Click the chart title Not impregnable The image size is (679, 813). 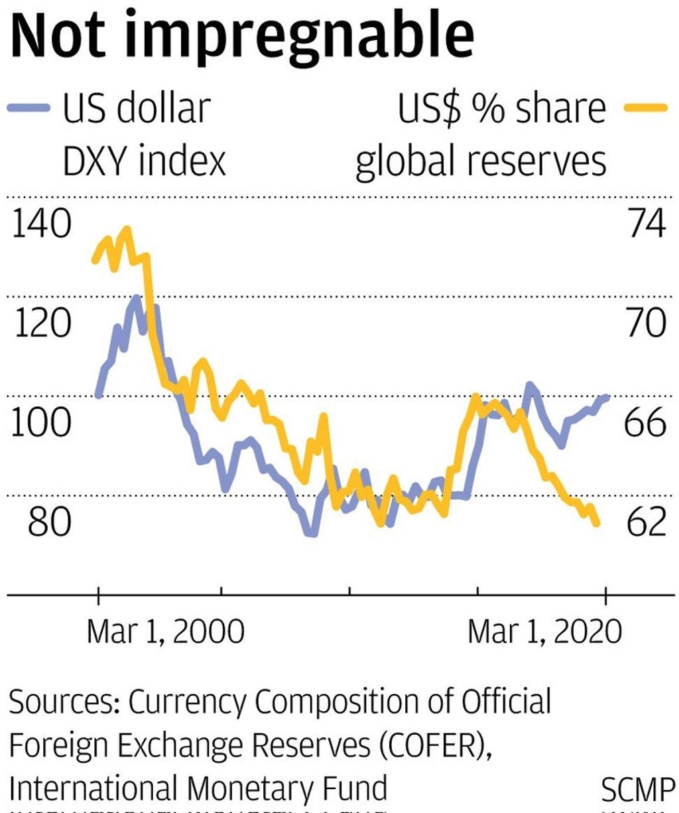pos(243,36)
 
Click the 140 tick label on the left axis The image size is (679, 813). pos(41,224)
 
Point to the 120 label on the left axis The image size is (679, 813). pos(41,324)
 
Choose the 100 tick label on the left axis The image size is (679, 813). pos(41,423)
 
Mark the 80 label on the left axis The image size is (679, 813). pos(48,522)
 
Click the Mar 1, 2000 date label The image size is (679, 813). pos(165,632)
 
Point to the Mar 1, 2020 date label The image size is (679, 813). pos(545,632)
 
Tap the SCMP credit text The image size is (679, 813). pos(637,790)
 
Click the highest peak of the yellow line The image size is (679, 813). pos(126,230)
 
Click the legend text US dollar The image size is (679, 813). pos(137,108)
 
